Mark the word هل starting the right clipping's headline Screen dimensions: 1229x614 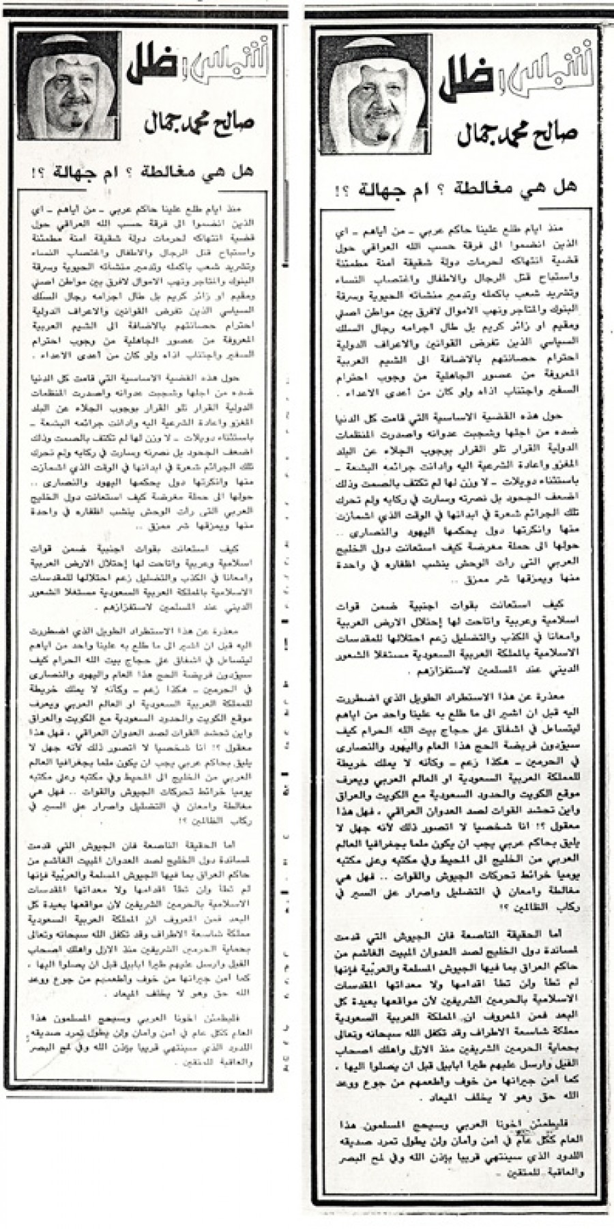(566, 185)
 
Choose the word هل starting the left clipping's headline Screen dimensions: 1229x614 (244, 170)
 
